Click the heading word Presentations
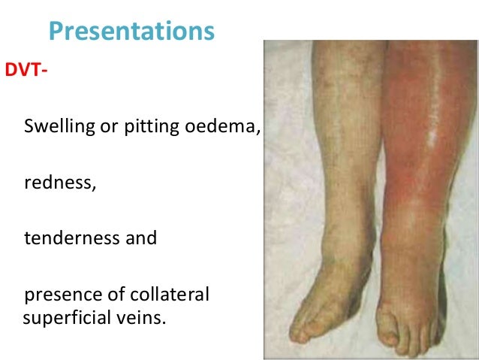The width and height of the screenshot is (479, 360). click(131, 32)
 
